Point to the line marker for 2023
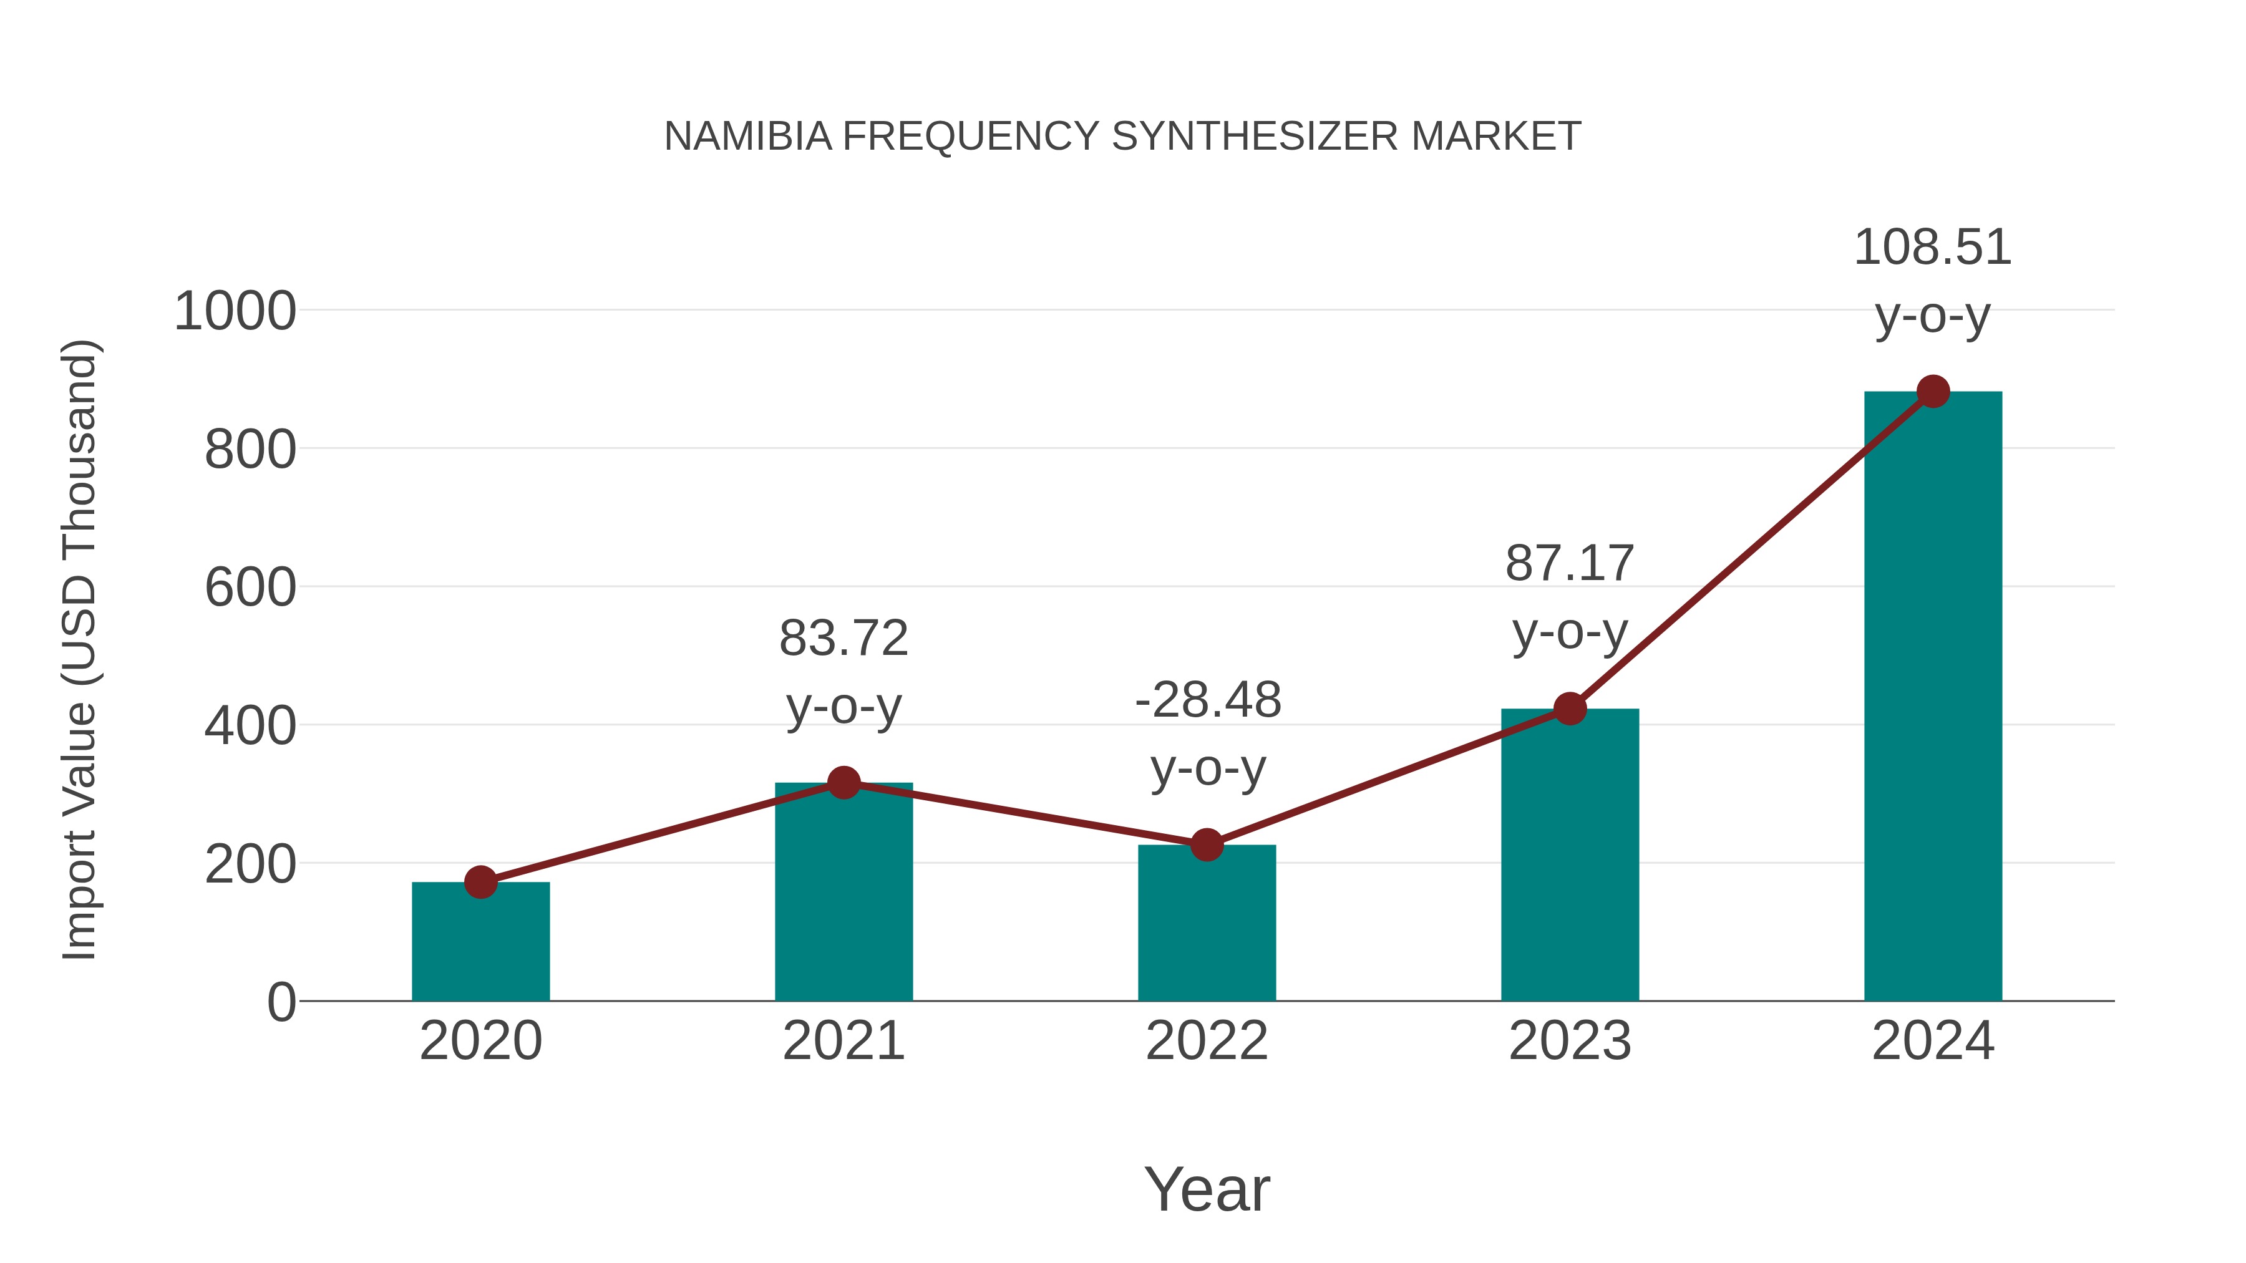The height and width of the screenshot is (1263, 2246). pos(1570,709)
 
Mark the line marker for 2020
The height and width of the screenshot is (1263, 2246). pos(480,882)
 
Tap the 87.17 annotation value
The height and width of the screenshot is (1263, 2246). pos(1570,563)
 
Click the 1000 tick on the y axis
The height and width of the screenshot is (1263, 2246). pos(235,311)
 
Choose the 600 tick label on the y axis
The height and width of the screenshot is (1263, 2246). pos(250,588)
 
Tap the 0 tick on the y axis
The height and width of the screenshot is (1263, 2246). pos(281,1002)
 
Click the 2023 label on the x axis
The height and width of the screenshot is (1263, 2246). pos(1570,1041)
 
